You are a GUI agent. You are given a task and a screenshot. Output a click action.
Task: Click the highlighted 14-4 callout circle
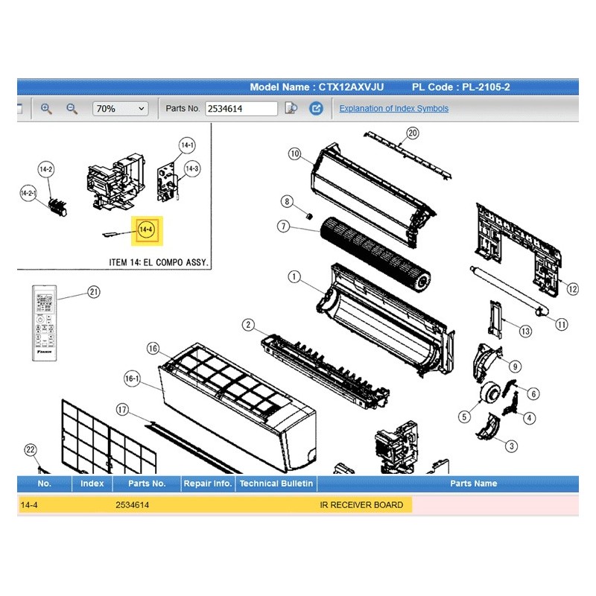point(146,229)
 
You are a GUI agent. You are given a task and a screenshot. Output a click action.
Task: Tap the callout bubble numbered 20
point(413,133)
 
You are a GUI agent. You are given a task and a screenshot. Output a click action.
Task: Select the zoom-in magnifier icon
point(46,109)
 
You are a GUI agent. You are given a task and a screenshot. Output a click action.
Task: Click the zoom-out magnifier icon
point(72,109)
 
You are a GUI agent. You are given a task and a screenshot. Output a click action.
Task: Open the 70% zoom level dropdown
point(120,109)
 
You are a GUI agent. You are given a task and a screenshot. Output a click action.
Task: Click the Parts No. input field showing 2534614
point(241,109)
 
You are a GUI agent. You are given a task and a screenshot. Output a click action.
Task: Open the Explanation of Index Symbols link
point(394,108)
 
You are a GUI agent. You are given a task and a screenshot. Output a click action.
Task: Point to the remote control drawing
point(45,323)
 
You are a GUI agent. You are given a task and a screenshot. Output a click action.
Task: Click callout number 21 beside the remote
point(94,292)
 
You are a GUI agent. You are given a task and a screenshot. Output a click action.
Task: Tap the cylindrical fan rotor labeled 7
point(375,254)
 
